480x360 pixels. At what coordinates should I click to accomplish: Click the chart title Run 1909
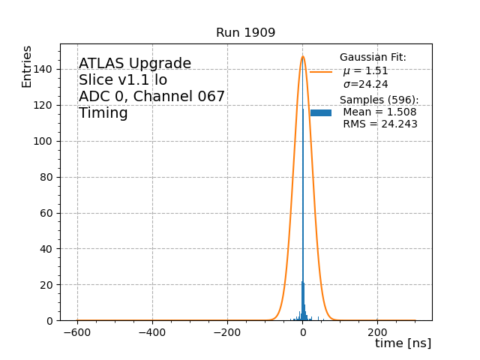coord(245,33)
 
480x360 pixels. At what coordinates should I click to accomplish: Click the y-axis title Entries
coord(27,67)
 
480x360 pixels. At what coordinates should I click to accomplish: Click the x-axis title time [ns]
coord(403,343)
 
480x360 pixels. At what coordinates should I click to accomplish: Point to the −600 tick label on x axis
coord(77,333)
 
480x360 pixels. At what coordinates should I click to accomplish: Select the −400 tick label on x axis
coord(152,333)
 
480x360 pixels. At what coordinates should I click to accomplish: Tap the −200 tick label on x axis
coord(227,333)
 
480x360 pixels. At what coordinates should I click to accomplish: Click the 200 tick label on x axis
coord(378,333)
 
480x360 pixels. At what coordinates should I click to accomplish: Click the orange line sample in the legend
coord(321,72)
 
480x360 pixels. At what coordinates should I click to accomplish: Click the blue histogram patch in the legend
coord(321,112)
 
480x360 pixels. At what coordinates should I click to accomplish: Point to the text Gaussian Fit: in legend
coord(373,58)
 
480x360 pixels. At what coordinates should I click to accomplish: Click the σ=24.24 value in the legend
coord(365,85)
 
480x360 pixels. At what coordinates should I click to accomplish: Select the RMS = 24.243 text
coord(379,124)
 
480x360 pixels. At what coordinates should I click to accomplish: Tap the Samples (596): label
coord(379,100)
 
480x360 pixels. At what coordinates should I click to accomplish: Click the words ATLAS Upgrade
coord(135,64)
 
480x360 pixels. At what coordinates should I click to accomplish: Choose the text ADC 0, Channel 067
coord(151,97)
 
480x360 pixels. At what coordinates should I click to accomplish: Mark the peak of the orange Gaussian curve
coord(303,56)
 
